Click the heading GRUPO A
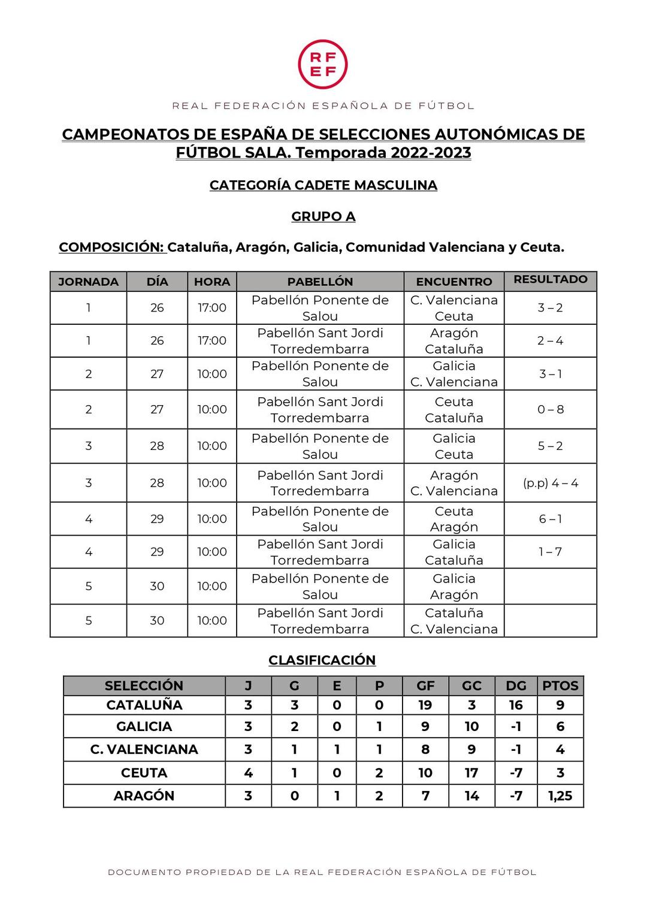[323, 216]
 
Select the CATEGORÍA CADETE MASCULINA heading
[323, 185]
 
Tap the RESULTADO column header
[550, 279]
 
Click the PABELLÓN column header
[320, 282]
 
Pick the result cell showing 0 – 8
[550, 410]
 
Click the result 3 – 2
[550, 308]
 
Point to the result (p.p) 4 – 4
[550, 483]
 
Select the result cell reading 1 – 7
[550, 552]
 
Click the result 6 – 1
[550, 519]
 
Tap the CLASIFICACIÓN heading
[322, 660]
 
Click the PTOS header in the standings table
[560, 686]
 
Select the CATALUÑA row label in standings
[144, 705]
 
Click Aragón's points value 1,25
[560, 796]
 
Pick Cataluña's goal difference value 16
[516, 705]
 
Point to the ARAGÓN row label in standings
[144, 796]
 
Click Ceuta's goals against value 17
[471, 773]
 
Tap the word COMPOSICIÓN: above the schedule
[112, 247]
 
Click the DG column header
[516, 686]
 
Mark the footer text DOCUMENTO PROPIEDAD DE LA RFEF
[322, 872]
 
